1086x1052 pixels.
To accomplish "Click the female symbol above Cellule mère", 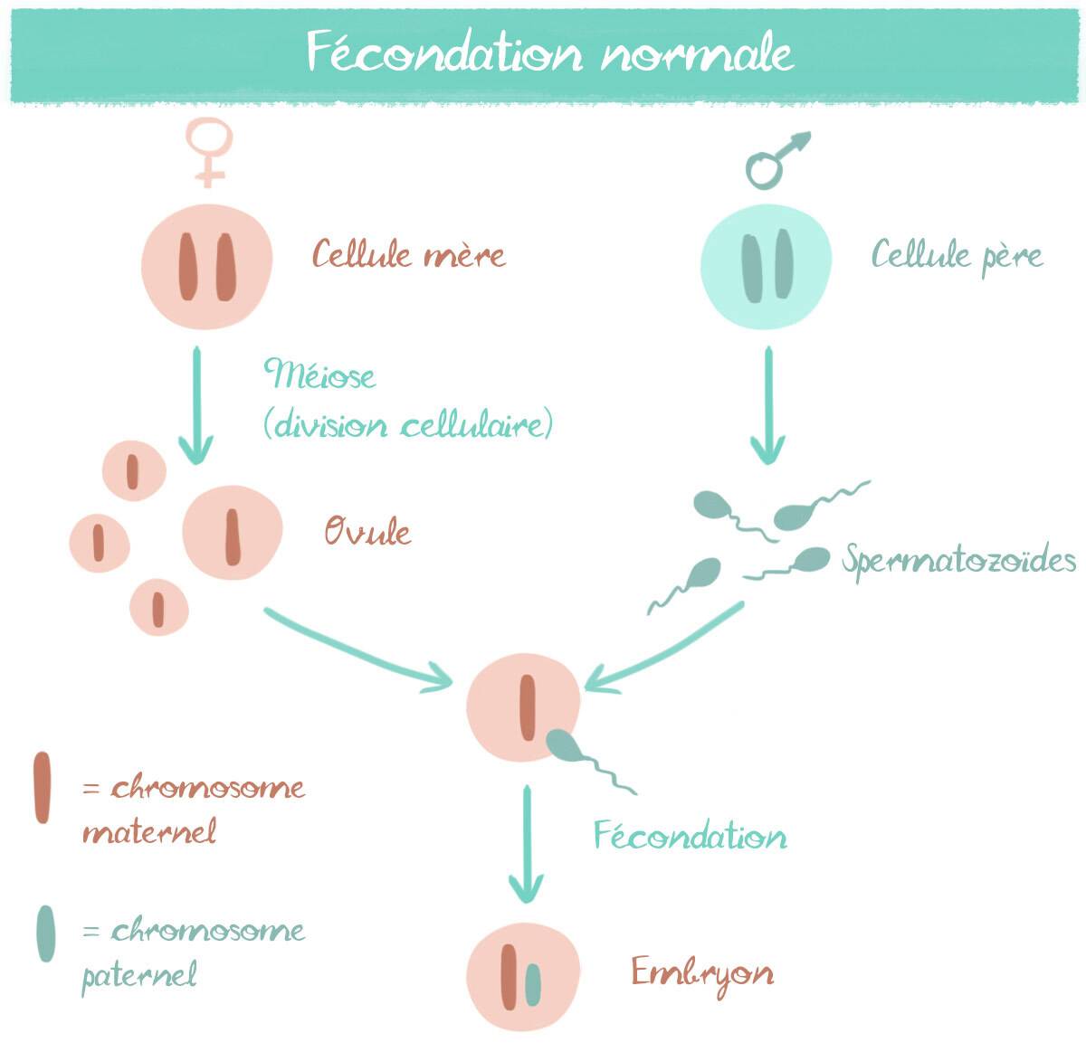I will pos(209,152).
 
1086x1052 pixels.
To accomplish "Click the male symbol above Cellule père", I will pos(774,161).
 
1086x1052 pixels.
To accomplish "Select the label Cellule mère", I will pos(409,255).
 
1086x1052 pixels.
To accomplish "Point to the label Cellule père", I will pos(957,256).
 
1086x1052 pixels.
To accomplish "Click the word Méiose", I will pos(319,374).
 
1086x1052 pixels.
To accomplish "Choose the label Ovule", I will pos(368,532).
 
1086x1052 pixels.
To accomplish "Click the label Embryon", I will pos(702,974).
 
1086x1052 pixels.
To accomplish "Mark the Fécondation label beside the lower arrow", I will pos(690,835).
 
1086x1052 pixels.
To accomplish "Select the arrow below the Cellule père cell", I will pos(768,404).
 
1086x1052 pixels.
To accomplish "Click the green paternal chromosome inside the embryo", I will pos(533,985).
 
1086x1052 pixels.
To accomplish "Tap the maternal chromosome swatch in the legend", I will pos(42,787).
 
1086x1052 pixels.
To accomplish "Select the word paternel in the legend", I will pos(139,976).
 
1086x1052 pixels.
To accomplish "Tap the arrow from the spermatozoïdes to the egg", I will pos(665,644).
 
